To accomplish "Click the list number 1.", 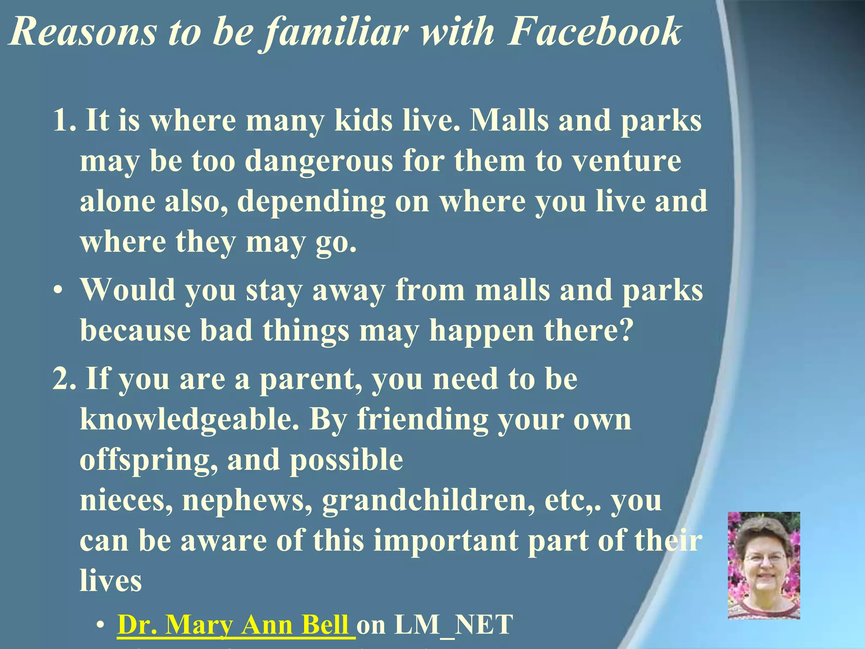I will click(x=63, y=121).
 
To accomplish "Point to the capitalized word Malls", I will click(x=509, y=121).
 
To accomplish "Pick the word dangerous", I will click(x=319, y=162).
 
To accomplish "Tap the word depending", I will click(x=311, y=202).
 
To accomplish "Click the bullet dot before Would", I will click(x=58, y=291).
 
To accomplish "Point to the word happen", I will click(x=481, y=331).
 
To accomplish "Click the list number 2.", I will click(x=63, y=379).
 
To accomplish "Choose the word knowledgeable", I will click(x=189, y=420).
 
